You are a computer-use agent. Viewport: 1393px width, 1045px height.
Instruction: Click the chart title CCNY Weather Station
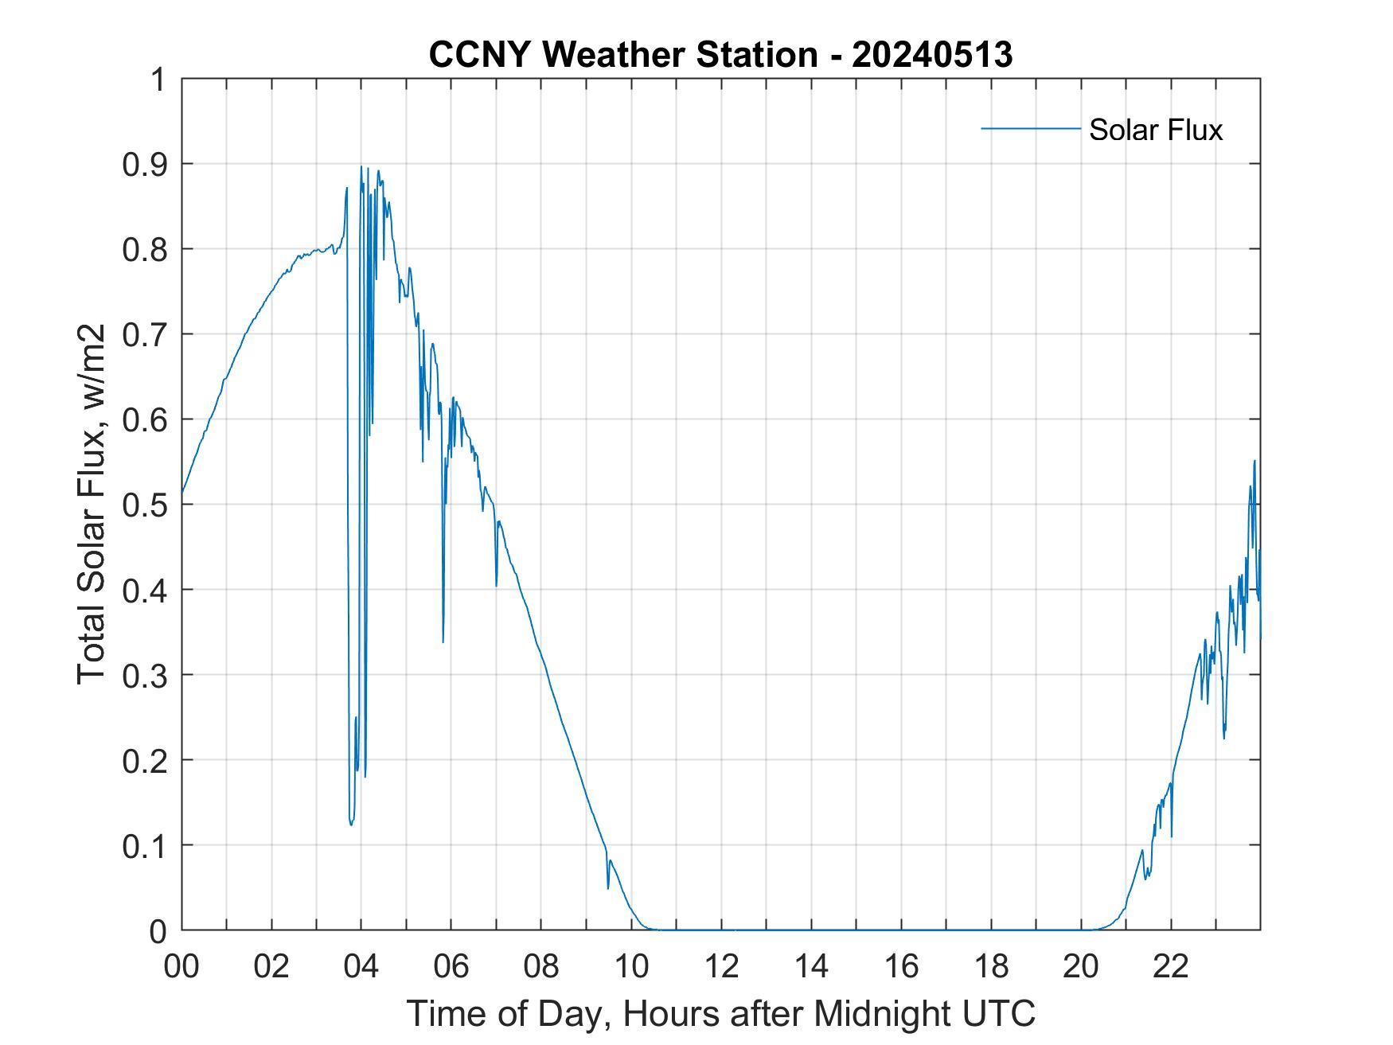point(622,55)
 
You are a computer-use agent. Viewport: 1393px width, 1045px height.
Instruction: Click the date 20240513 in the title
point(932,55)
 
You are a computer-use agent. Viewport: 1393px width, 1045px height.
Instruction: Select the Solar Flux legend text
point(1155,130)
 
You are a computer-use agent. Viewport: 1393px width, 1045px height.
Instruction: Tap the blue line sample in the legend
point(1030,128)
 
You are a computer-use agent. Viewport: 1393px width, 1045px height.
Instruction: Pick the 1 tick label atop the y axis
point(158,80)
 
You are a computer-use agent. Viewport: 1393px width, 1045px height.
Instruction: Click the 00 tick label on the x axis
point(181,966)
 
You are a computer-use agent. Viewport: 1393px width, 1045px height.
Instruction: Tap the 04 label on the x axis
point(361,966)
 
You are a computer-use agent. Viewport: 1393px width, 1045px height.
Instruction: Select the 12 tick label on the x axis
point(721,966)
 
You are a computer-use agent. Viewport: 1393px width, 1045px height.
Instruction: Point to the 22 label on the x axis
point(1171,966)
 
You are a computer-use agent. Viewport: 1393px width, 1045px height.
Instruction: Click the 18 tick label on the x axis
point(991,966)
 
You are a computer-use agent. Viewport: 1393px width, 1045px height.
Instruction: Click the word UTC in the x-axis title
point(998,1013)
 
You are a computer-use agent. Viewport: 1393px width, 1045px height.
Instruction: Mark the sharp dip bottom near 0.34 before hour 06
point(443,641)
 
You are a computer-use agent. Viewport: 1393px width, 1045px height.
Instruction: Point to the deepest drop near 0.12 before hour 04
point(351,825)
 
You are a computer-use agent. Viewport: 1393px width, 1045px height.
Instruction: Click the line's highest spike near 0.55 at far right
point(1254,461)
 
